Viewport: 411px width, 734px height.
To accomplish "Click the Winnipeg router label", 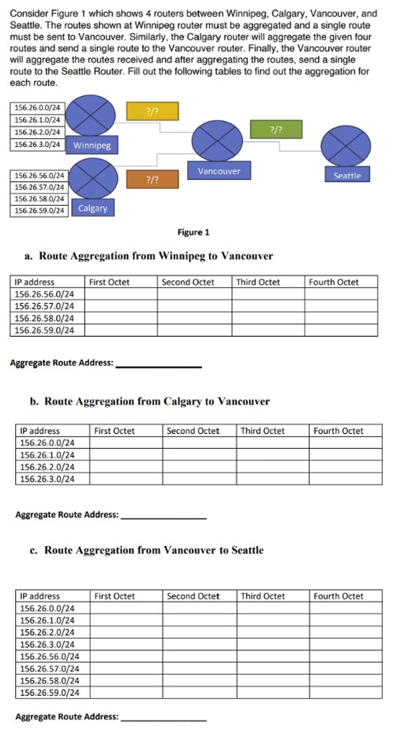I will point(92,145).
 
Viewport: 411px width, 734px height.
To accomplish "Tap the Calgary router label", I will point(93,208).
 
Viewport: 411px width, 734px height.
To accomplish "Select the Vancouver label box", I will point(219,171).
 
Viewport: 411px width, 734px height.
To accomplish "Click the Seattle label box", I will point(347,175).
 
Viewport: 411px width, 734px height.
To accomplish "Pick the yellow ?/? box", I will point(152,112).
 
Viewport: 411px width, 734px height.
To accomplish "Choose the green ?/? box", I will point(276,129).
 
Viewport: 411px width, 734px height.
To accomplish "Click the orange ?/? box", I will point(152,179).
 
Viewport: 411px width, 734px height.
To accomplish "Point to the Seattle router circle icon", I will point(345,146).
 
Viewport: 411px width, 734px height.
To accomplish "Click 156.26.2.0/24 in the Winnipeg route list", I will point(37,132).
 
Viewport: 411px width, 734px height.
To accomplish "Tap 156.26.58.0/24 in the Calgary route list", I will point(39,199).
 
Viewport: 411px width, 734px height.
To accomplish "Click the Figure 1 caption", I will point(193,232).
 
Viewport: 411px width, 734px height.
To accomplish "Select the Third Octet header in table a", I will point(258,282).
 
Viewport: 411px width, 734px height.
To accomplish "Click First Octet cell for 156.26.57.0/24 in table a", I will point(120,306).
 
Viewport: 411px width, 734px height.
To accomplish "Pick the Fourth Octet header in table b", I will point(338,431).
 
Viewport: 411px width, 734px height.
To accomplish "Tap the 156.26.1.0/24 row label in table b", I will point(47,455).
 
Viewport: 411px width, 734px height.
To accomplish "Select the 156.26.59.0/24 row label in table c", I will point(50,692).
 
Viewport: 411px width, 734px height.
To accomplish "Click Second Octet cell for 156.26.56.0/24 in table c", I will point(199,656).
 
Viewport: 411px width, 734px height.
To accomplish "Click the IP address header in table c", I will point(40,596).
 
